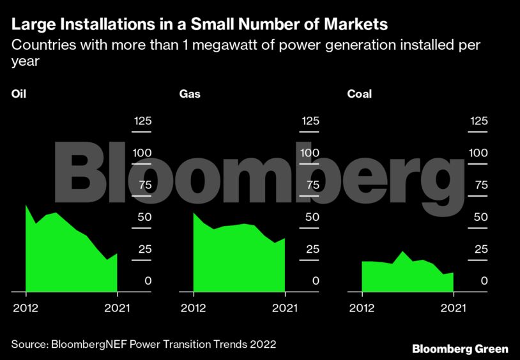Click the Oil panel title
tap(19, 94)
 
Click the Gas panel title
tap(188, 94)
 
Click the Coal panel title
tap(359, 94)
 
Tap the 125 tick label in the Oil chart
tap(142, 121)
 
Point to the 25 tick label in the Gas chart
tap(310, 249)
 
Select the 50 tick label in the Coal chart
tap(480, 217)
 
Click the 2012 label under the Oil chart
tap(26, 308)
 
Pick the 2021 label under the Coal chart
tap(453, 308)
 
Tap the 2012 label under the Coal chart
tap(362, 308)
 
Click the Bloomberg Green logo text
tap(460, 349)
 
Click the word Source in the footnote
tap(28, 344)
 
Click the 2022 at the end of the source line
tap(263, 344)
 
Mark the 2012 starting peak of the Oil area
tap(26, 206)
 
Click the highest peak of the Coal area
tap(402, 251)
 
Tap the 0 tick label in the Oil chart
tap(148, 281)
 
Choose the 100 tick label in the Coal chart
tap(478, 153)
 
